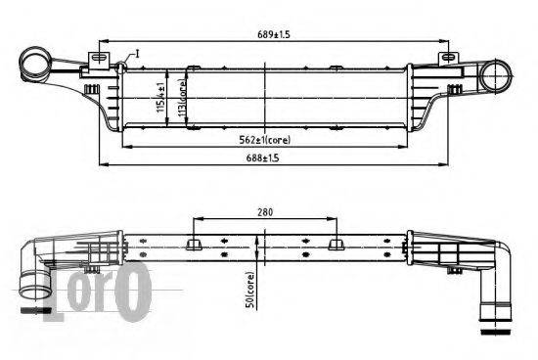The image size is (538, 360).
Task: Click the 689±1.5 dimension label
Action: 274,34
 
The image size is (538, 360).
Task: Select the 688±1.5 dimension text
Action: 262,157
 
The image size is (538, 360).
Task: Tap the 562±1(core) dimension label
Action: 264,140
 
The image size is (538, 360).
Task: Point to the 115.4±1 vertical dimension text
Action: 160,97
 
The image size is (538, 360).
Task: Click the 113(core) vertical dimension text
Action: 182,98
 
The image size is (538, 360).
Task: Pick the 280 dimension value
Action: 265,212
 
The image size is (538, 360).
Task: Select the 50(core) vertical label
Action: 250,290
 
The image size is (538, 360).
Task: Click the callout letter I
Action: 138,54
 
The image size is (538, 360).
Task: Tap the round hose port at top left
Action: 34,63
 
